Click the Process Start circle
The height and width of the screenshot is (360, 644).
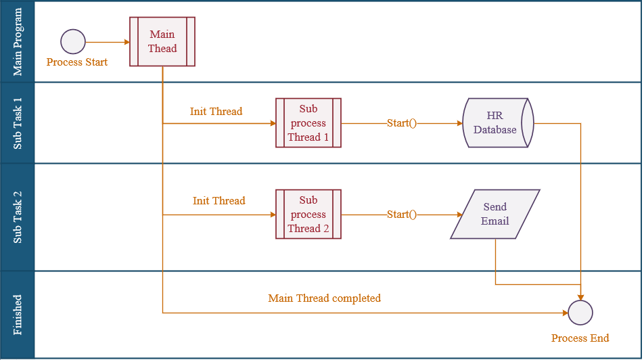[73, 41]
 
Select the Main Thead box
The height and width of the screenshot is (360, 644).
[162, 41]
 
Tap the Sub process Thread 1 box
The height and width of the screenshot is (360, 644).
[308, 123]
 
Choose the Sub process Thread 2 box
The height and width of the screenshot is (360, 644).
[308, 214]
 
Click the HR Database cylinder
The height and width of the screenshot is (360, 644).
[498, 123]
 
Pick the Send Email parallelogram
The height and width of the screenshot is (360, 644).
[495, 214]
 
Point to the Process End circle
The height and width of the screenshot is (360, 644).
[580, 313]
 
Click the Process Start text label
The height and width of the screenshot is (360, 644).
[77, 62]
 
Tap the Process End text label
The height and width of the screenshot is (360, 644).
[580, 338]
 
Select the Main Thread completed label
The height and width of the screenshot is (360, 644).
[325, 298]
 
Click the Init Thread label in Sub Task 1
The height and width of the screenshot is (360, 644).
[216, 112]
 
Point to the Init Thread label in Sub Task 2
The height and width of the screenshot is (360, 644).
[219, 200]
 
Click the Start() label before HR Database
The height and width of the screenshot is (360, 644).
[402, 123]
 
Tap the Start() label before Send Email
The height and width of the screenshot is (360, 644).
[402, 214]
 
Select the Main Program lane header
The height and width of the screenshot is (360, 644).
[18, 41]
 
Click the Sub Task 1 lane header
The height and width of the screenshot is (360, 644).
[18, 123]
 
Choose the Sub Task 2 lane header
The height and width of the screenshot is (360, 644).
[18, 217]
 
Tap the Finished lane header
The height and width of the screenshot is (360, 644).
[18, 315]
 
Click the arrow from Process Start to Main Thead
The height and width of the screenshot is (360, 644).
[108, 42]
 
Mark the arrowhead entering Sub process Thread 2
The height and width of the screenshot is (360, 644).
[273, 215]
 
